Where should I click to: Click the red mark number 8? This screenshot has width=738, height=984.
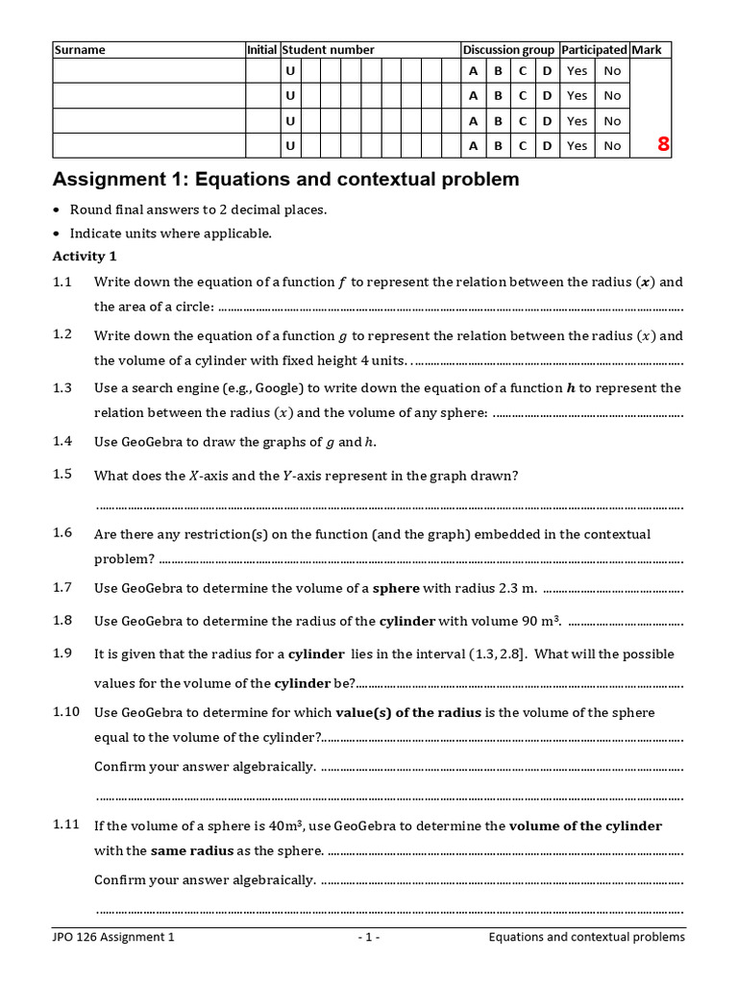(663, 145)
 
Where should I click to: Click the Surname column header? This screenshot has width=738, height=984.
(80, 50)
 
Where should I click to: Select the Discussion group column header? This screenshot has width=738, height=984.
(508, 50)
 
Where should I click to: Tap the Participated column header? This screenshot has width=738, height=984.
(594, 50)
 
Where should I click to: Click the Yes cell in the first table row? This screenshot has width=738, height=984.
(577, 71)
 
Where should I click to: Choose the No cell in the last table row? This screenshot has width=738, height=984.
(612, 146)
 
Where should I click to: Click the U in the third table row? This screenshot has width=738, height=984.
(289, 121)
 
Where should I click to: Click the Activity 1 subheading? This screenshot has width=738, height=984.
(84, 257)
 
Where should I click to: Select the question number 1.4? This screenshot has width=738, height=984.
(62, 441)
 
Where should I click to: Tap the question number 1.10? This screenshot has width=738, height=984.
(66, 712)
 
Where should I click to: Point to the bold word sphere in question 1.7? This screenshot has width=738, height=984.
(396, 587)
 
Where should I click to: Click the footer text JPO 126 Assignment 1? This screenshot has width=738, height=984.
(113, 937)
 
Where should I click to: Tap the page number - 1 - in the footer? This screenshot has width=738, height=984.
(369, 937)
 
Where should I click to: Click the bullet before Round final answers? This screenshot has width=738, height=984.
(57, 210)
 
